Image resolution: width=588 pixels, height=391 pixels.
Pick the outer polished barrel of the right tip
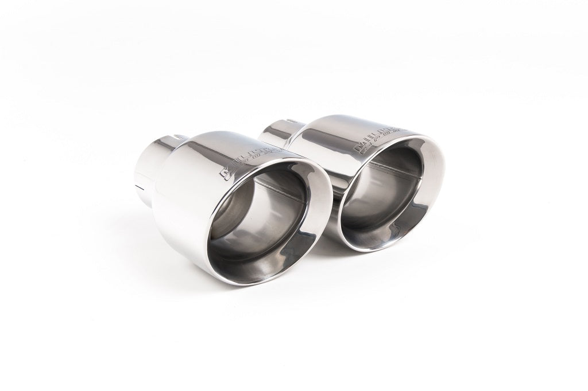tap(322, 143)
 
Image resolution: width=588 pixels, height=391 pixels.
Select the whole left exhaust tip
tap(230, 201)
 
